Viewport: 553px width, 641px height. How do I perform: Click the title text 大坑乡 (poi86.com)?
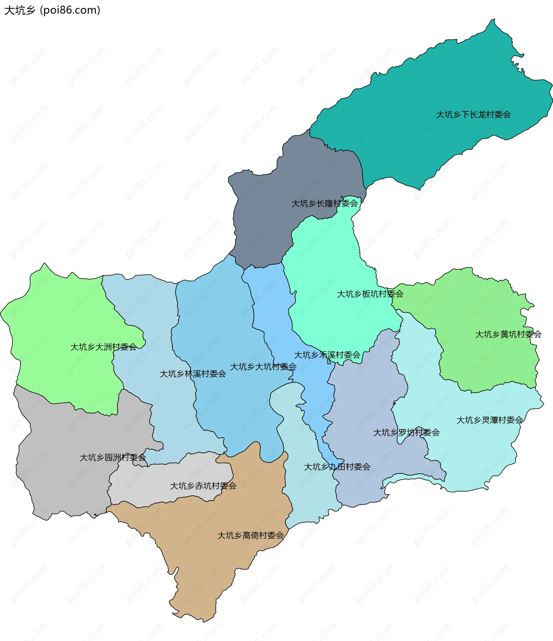52,10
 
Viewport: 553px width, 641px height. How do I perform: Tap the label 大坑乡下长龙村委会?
473,115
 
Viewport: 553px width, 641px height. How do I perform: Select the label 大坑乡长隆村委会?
324,203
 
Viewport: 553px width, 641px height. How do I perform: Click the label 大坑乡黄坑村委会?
508,334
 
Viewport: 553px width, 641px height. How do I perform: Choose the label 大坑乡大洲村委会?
103,347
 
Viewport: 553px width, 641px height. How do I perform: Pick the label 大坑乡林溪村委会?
193,374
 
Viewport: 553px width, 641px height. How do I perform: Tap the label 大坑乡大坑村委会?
263,367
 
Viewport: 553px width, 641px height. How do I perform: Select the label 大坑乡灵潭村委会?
490,420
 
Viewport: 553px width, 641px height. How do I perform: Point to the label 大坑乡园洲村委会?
113,458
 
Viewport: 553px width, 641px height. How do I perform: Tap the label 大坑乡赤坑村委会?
203,486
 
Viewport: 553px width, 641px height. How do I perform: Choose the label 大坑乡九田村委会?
337,467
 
